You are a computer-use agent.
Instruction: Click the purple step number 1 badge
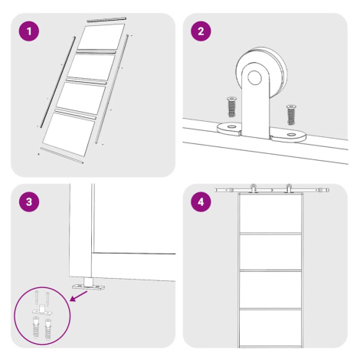pyautogui.click(x=29, y=31)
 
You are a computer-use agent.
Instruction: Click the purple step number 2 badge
pyautogui.click(x=201, y=31)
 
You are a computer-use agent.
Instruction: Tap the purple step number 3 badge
pyautogui.click(x=29, y=201)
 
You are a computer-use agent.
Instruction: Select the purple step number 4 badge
pyautogui.click(x=201, y=201)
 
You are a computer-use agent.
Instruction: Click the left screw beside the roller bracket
pyautogui.click(x=231, y=106)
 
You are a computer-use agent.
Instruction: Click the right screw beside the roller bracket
pyautogui.click(x=291, y=115)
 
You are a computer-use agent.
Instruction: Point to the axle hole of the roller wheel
pyautogui.click(x=254, y=77)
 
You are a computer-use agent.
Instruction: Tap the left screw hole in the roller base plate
pyautogui.click(x=231, y=126)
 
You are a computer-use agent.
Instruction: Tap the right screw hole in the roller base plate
pyautogui.click(x=291, y=134)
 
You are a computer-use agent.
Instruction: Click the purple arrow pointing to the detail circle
pyautogui.click(x=79, y=296)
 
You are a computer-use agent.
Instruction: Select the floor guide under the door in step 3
pyautogui.click(x=88, y=284)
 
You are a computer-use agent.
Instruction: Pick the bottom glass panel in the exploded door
pyautogui.click(x=68, y=134)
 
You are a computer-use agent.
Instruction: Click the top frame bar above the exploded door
pyautogui.click(x=106, y=19)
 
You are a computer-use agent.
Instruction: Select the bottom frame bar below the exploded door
pyautogui.click(x=62, y=155)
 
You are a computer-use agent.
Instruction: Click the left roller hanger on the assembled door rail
pyautogui.click(x=253, y=188)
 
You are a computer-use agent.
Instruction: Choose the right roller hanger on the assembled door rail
pyautogui.click(x=289, y=188)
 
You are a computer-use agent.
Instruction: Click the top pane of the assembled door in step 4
pyautogui.click(x=270, y=214)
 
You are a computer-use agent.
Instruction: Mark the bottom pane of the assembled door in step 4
pyautogui.click(x=270, y=328)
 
